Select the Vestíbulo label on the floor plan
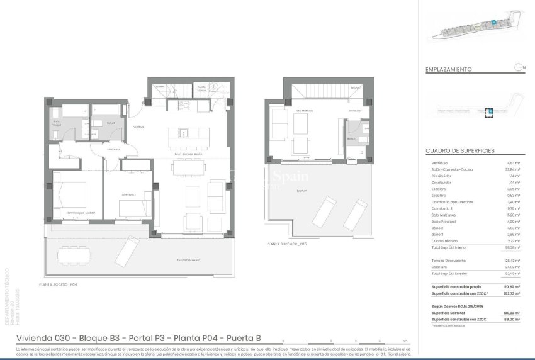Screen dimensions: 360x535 pos(138,127)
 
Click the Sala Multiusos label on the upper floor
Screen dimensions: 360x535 pos(305,111)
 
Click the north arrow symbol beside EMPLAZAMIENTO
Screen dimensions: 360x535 pos(518,67)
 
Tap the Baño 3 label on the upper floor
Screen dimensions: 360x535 pos(351,138)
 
